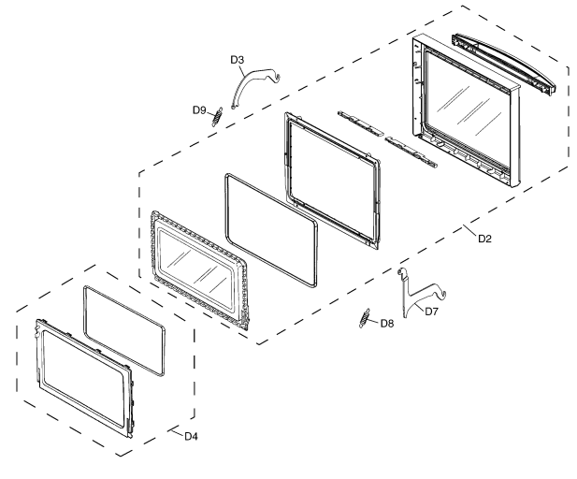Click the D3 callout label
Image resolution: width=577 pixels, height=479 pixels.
(x=238, y=59)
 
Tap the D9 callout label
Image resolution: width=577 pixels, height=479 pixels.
(x=199, y=110)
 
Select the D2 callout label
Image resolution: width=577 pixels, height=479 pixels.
(x=484, y=239)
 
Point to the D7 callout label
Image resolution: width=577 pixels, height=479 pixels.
(x=432, y=312)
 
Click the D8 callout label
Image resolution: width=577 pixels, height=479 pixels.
(x=387, y=324)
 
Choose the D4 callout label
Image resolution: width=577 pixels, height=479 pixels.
(x=191, y=437)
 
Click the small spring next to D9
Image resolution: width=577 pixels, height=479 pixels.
(x=217, y=117)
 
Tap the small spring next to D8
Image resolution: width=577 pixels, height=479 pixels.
(x=364, y=318)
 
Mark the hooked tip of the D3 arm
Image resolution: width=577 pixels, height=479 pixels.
(x=278, y=77)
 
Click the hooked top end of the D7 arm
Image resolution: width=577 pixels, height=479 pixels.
(x=400, y=271)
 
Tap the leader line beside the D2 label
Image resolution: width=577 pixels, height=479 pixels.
(x=469, y=230)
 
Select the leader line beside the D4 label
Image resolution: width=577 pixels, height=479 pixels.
(x=175, y=432)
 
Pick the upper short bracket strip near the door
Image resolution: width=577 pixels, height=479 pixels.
(x=361, y=123)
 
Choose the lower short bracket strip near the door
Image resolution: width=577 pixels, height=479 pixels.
(x=411, y=152)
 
